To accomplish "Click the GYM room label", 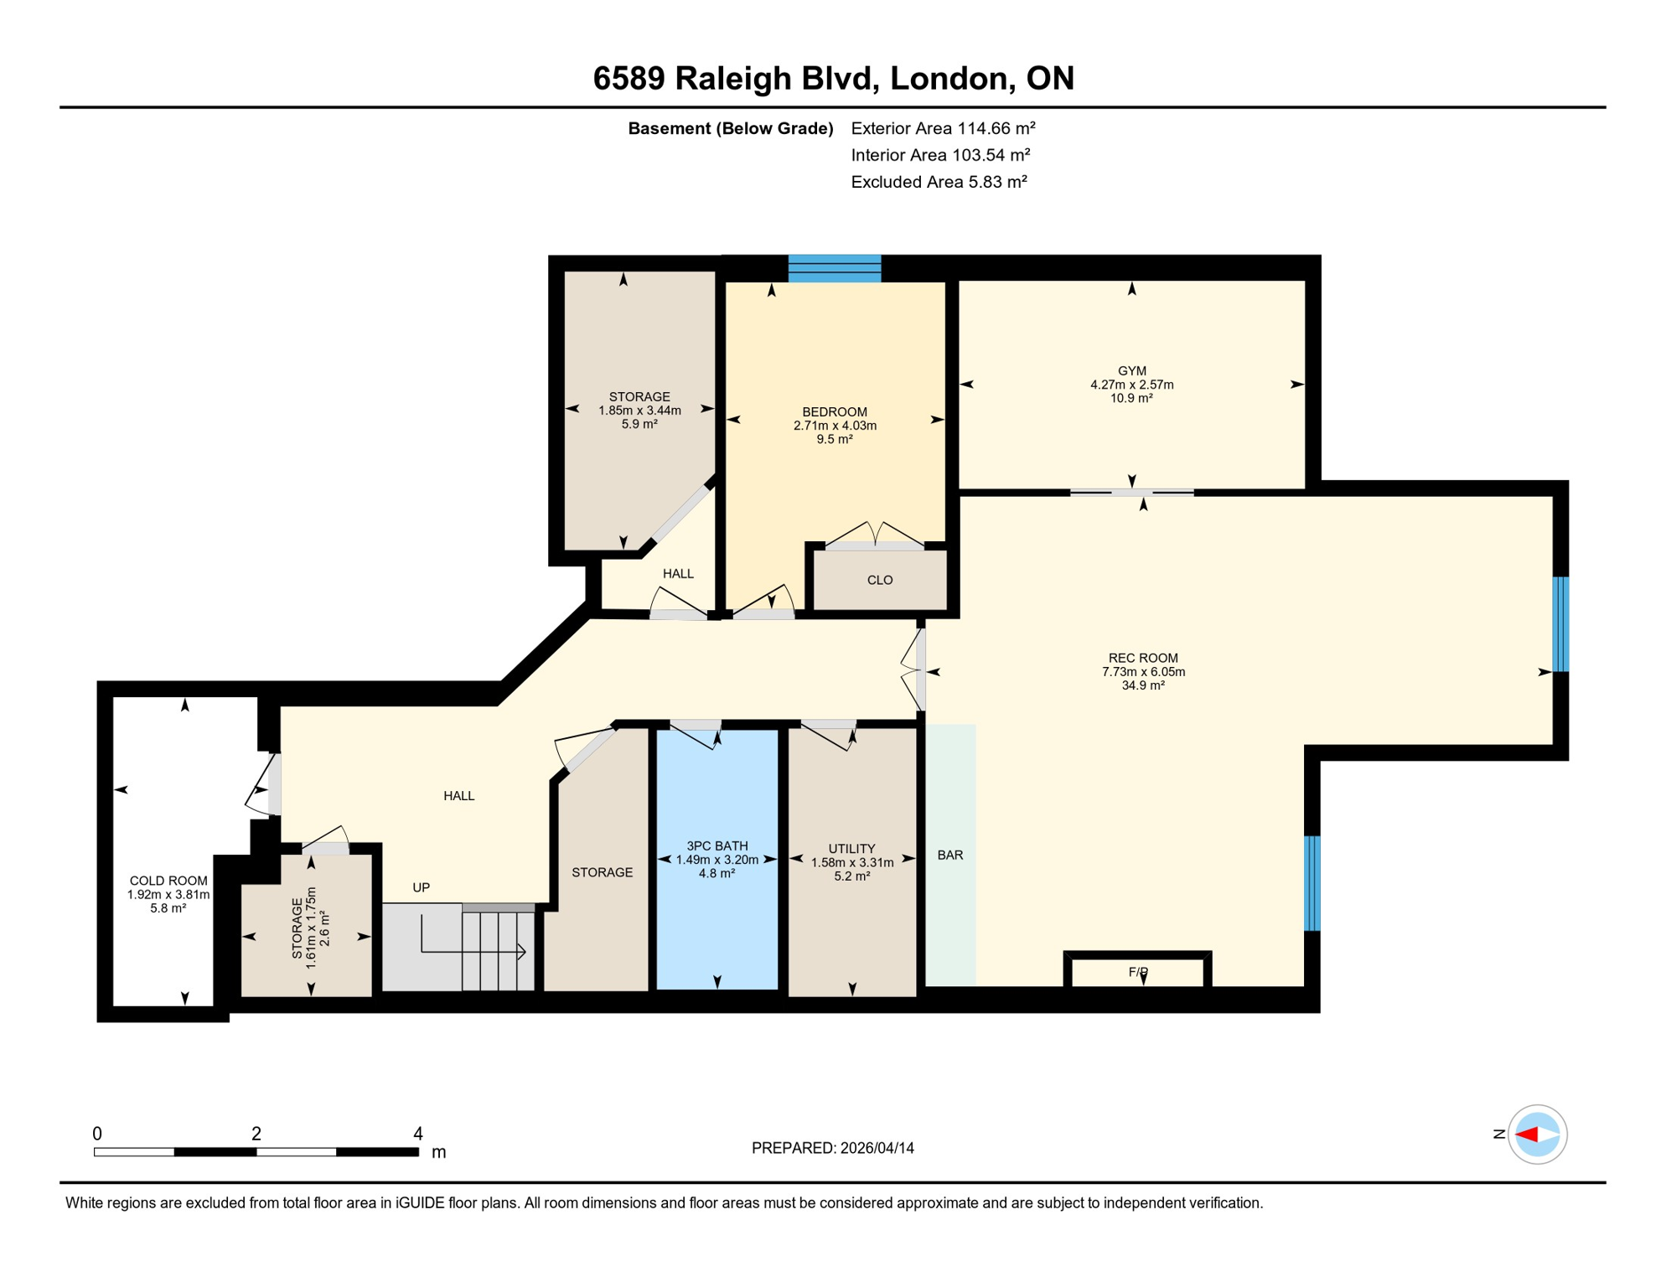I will click(1131, 370).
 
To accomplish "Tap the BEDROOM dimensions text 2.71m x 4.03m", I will click(835, 426).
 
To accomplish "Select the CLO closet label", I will click(879, 580).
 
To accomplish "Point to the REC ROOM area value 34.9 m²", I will click(1142, 685).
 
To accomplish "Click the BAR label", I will click(949, 855).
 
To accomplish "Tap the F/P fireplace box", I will click(1137, 972).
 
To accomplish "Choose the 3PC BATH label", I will click(717, 845).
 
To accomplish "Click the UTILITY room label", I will click(851, 848).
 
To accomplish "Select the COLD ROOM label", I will click(168, 881).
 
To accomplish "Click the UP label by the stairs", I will click(421, 887).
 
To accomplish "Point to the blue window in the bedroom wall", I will click(834, 269).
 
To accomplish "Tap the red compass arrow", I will click(1527, 1135).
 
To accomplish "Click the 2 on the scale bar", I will click(256, 1134).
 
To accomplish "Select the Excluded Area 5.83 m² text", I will click(939, 182).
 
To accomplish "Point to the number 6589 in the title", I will click(629, 78).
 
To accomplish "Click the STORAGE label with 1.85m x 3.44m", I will click(639, 396).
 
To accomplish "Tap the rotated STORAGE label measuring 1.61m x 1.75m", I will click(297, 928).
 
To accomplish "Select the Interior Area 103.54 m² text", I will click(939, 155).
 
